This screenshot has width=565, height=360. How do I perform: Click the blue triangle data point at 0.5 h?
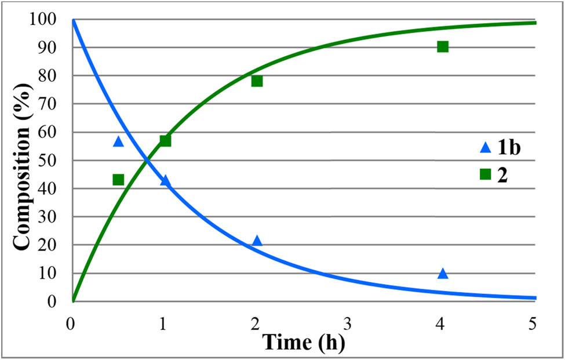pos(118,141)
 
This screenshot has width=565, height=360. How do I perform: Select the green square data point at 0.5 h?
pos(118,180)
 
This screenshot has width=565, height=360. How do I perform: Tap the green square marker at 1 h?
pos(165,140)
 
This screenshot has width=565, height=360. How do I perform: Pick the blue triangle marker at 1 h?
pos(165,181)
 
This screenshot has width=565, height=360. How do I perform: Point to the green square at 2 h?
pos(257,81)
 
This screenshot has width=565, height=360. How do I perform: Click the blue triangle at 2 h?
pos(257,241)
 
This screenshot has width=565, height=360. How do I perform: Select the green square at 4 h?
pos(443,46)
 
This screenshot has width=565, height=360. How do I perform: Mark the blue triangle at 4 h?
pos(443,273)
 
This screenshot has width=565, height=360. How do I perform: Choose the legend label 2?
pos(502,174)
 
